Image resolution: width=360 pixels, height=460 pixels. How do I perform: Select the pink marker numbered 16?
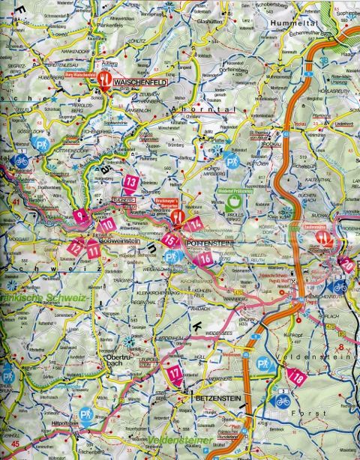pyautogui.click(x=205, y=259)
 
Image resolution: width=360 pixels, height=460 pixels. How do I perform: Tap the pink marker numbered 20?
pyautogui.click(x=346, y=264)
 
